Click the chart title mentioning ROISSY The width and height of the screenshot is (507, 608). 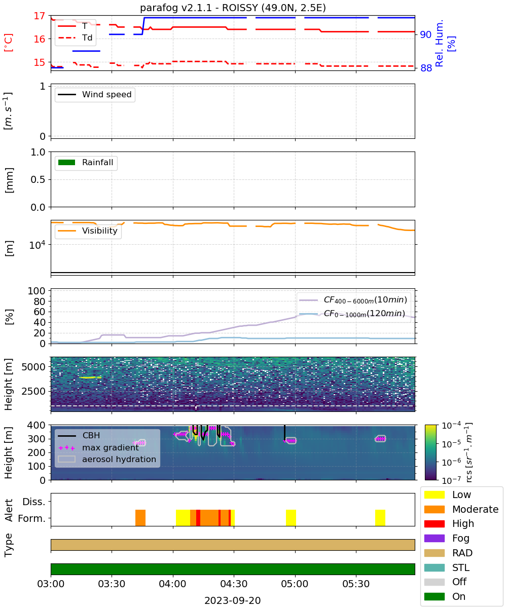tap(233, 8)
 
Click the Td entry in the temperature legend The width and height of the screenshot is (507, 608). tap(75, 37)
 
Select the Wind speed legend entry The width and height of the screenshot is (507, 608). tap(95, 94)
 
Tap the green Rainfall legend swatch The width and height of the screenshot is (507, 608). tap(67, 162)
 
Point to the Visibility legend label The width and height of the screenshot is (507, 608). tap(100, 231)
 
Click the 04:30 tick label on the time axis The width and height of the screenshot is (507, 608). tap(234, 584)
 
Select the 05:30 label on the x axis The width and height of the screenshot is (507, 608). tap(356, 584)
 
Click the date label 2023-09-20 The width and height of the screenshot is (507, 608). tap(233, 600)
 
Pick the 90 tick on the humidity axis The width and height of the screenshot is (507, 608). tap(425, 34)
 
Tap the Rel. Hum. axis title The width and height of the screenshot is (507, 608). tap(445, 43)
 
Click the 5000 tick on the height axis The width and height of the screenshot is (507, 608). tap(33, 367)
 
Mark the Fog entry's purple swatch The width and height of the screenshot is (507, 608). tap(434, 538)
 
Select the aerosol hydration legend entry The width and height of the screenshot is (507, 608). tap(107, 459)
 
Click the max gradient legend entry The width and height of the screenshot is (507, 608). tap(98, 447)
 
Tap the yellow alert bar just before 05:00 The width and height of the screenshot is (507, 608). tap(291, 517)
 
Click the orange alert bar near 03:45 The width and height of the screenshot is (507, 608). tap(140, 517)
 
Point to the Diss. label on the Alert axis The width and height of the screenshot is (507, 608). tap(34, 502)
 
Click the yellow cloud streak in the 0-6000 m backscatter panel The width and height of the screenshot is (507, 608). tap(90, 377)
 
